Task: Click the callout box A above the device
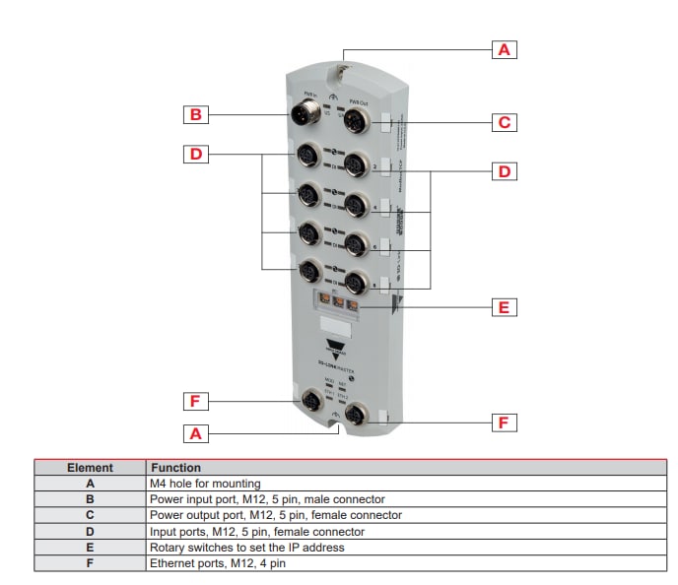[x=505, y=48]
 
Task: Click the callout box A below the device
[x=196, y=432]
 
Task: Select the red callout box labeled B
[x=196, y=115]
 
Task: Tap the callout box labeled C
[x=505, y=123]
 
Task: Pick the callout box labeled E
[x=505, y=307]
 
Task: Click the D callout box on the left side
[x=196, y=154]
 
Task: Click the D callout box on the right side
[x=505, y=171]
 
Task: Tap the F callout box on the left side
[x=196, y=401]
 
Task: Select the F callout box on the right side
[x=505, y=422]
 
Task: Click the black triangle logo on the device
[x=337, y=345]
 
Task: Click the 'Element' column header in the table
[x=90, y=468]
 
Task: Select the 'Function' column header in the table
[x=174, y=468]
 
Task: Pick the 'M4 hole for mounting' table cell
[x=205, y=484]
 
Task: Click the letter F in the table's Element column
[x=90, y=563]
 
